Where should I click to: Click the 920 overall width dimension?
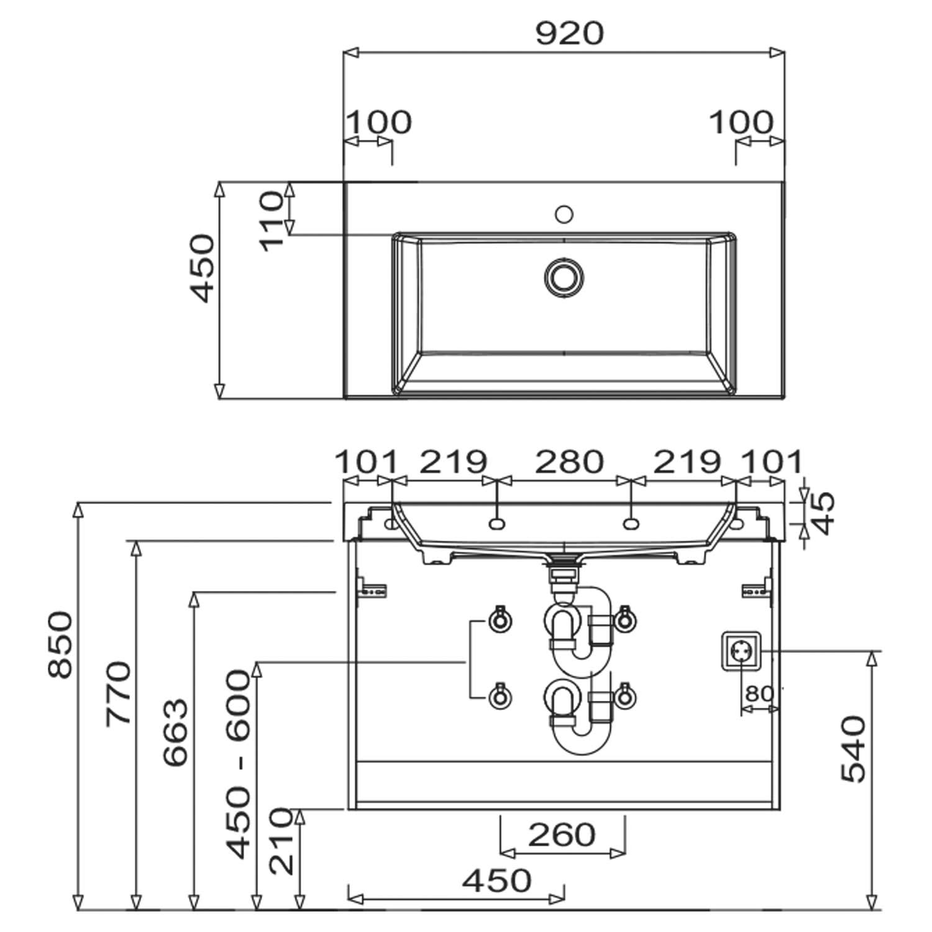point(569,34)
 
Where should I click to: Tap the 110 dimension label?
point(272,221)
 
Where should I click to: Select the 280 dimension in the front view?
point(569,462)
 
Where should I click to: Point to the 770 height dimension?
point(119,693)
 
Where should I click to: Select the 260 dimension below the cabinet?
point(562,834)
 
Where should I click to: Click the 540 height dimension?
point(853,749)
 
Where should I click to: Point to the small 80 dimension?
point(759,693)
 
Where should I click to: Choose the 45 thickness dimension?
point(824,513)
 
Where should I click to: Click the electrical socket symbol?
point(741,651)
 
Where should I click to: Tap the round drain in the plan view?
point(564,276)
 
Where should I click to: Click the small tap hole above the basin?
point(564,214)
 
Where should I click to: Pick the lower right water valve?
point(624,697)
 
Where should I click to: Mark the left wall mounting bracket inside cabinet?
point(373,587)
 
